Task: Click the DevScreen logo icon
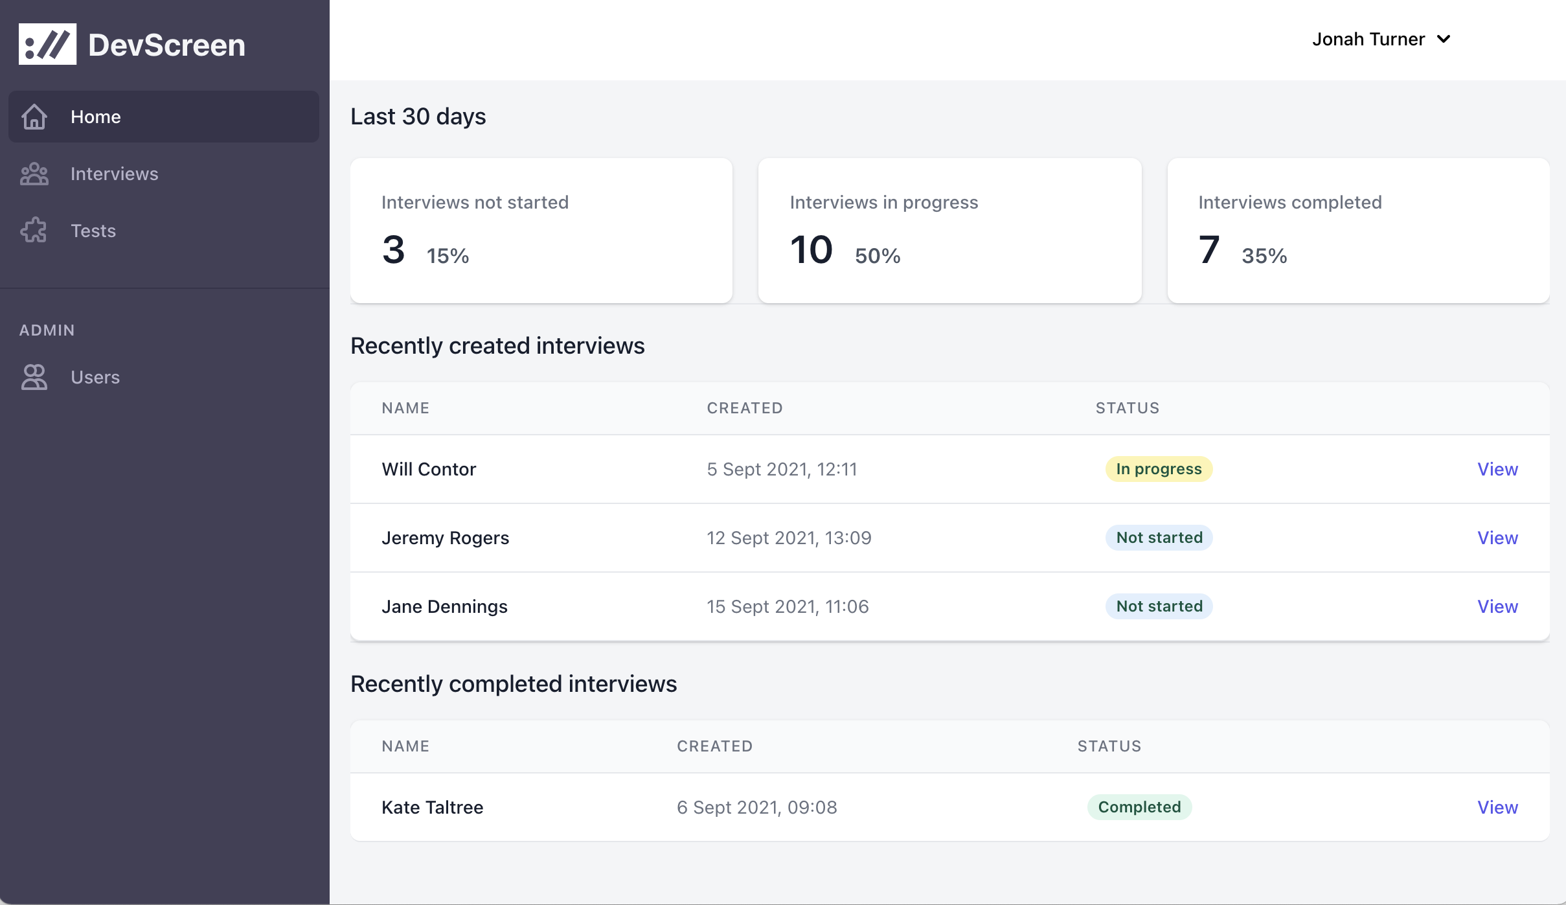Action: pyautogui.click(x=47, y=44)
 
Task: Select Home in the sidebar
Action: pyautogui.click(x=95, y=117)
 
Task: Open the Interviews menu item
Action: pyautogui.click(x=114, y=174)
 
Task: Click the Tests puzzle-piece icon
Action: pyautogui.click(x=34, y=231)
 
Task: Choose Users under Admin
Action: pyautogui.click(x=95, y=377)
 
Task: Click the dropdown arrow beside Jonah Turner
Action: pyautogui.click(x=1444, y=40)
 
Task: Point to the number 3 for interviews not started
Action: pyautogui.click(x=393, y=250)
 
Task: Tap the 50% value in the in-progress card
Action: pyautogui.click(x=878, y=256)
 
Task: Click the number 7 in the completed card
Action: pyautogui.click(x=1209, y=250)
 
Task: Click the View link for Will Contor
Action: pyautogui.click(x=1497, y=469)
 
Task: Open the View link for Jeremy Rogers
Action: pyautogui.click(x=1497, y=538)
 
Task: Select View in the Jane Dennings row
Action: pyautogui.click(x=1497, y=606)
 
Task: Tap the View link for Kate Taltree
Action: pyautogui.click(x=1497, y=807)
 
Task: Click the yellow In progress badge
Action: pyautogui.click(x=1159, y=469)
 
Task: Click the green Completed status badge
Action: pyautogui.click(x=1139, y=807)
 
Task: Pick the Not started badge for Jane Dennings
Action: pyautogui.click(x=1159, y=606)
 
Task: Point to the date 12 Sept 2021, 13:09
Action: pyautogui.click(x=789, y=538)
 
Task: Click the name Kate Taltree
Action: pyautogui.click(x=432, y=807)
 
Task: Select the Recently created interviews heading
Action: pyautogui.click(x=497, y=346)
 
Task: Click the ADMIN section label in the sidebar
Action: pyautogui.click(x=47, y=330)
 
